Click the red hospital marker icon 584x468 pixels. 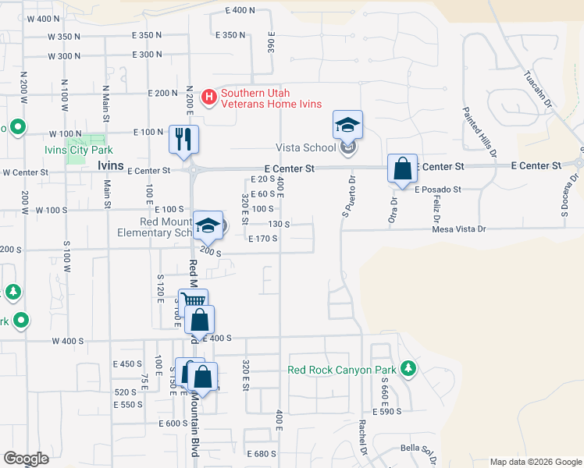209,97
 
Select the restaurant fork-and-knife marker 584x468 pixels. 184,140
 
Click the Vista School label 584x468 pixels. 305,147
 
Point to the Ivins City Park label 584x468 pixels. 78,150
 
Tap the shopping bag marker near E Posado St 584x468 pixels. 401,169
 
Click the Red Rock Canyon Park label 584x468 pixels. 342,370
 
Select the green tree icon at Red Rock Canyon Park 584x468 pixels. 407,367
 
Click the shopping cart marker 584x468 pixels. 193,302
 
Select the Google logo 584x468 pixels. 26,459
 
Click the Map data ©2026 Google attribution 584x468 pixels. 535,462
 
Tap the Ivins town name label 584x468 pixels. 110,166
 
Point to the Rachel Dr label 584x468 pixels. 362,438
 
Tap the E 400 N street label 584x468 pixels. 240,10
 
